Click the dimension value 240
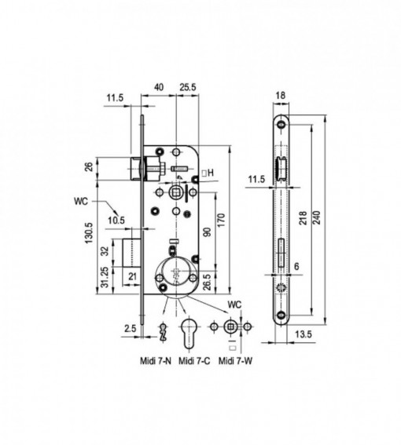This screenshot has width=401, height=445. [x=318, y=217]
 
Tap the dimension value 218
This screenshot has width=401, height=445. [x=304, y=217]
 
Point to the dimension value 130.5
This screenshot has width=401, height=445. [x=89, y=233]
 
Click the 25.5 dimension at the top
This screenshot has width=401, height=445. [x=188, y=87]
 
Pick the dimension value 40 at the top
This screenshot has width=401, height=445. [x=159, y=87]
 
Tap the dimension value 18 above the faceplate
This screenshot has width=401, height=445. [x=281, y=96]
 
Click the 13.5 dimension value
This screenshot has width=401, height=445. [x=304, y=334]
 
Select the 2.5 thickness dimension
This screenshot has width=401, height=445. [x=131, y=328]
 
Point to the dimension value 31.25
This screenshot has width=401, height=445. [x=105, y=277]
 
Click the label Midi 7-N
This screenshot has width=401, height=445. [x=156, y=361]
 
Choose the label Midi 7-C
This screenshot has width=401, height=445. [x=194, y=361]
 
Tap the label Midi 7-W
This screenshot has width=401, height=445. [x=235, y=361]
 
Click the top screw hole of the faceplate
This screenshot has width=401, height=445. [x=281, y=124]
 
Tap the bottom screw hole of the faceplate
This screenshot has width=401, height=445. [x=281, y=315]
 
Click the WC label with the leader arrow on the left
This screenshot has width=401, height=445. [x=81, y=201]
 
